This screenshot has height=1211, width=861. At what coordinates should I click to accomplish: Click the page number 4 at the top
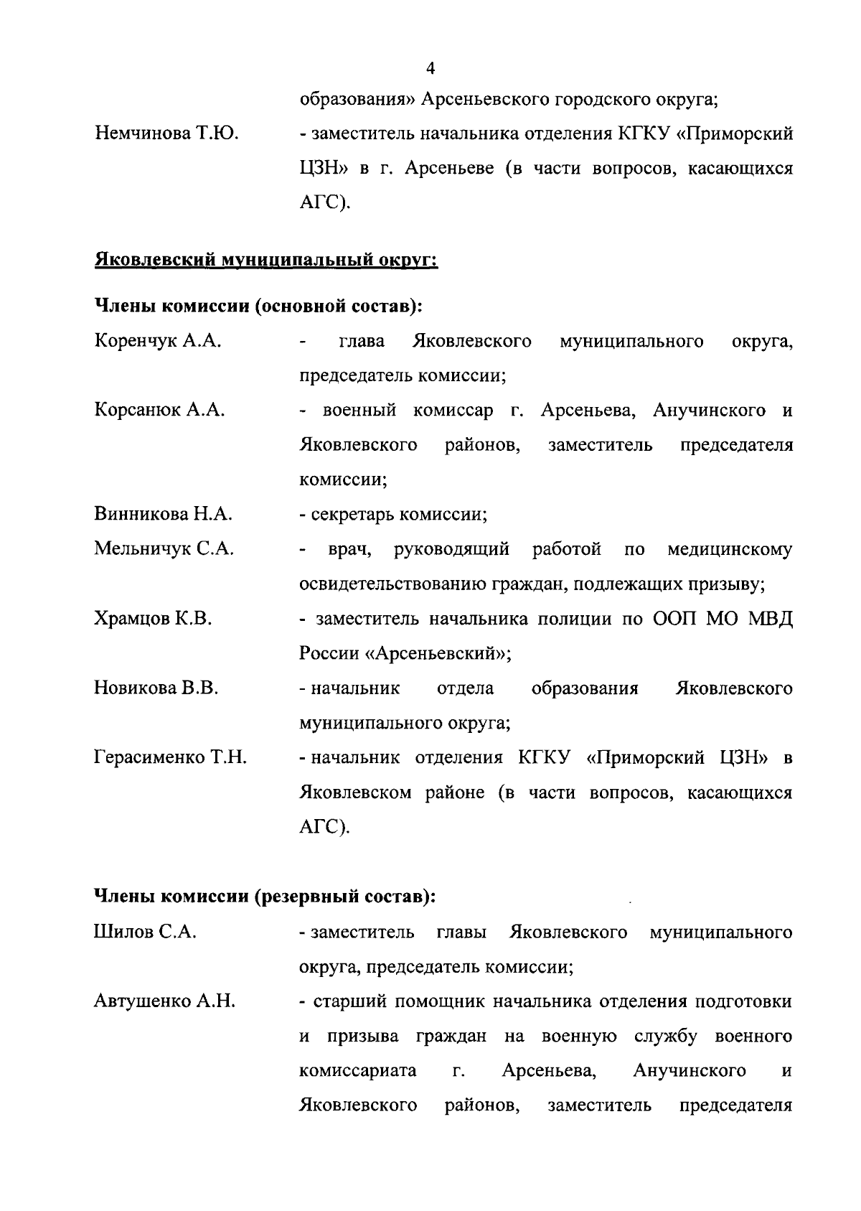pyautogui.click(x=430, y=70)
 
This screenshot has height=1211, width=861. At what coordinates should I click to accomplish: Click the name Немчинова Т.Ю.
pyautogui.click(x=166, y=134)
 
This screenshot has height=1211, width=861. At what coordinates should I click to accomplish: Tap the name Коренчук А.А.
pyautogui.click(x=157, y=342)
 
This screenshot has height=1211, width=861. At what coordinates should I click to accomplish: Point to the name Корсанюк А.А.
pyautogui.click(x=159, y=411)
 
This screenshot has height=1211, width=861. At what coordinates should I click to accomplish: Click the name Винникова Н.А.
pyautogui.click(x=163, y=514)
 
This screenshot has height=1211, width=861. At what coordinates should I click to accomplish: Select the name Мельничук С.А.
pyautogui.click(x=164, y=549)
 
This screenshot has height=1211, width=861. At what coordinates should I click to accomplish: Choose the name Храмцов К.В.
pyautogui.click(x=153, y=619)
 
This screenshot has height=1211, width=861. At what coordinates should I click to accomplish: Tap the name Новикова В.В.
pyautogui.click(x=156, y=688)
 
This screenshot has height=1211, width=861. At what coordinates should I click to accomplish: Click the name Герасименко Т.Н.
pyautogui.click(x=170, y=758)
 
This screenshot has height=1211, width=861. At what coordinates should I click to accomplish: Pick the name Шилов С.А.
pyautogui.click(x=145, y=932)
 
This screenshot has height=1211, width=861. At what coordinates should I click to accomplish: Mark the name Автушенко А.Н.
pyautogui.click(x=164, y=1001)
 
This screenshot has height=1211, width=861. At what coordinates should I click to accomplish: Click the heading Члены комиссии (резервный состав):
pyautogui.click(x=265, y=897)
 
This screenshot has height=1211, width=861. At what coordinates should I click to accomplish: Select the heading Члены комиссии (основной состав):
pyautogui.click(x=258, y=307)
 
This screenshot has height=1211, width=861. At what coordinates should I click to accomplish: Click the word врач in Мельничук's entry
pyautogui.click(x=349, y=550)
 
